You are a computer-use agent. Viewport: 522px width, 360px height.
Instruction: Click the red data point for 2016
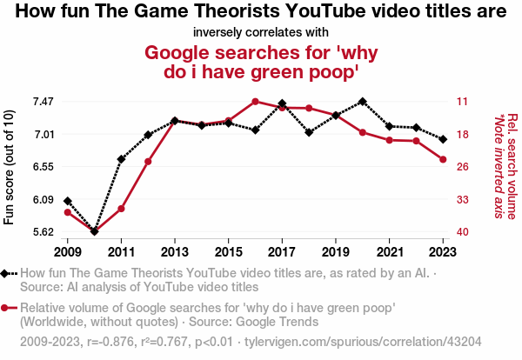click(x=255, y=101)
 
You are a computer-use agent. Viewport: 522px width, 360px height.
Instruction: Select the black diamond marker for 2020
click(x=362, y=102)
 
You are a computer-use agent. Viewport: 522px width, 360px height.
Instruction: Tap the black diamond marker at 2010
click(x=94, y=231)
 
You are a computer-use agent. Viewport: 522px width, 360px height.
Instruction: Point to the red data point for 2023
click(x=443, y=159)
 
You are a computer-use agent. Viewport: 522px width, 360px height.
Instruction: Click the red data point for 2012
click(x=148, y=162)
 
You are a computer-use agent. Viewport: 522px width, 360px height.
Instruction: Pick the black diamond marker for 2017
click(x=282, y=103)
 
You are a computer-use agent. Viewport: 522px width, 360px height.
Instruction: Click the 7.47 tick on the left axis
click(x=43, y=102)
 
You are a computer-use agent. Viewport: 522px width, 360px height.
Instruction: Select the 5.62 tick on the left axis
click(x=43, y=232)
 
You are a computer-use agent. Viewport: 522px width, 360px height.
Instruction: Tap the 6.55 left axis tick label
click(x=43, y=167)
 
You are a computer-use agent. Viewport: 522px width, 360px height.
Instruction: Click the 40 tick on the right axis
click(x=463, y=232)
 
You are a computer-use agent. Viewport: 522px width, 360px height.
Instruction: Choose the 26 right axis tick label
click(x=463, y=167)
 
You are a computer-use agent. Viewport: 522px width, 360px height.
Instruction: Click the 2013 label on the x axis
click(x=175, y=251)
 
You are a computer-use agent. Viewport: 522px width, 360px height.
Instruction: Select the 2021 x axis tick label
click(x=389, y=251)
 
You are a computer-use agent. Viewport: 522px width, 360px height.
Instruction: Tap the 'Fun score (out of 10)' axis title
click(x=10, y=167)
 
